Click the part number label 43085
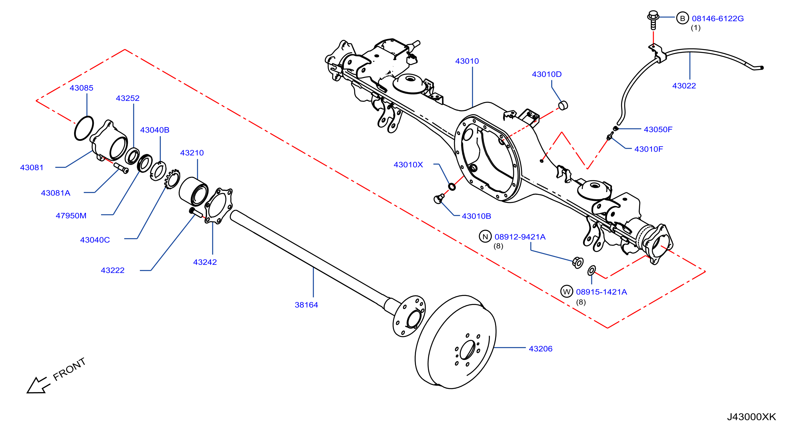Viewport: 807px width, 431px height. coord(82,88)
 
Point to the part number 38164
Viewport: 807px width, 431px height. coord(306,305)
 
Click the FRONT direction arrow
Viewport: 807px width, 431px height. coord(38,385)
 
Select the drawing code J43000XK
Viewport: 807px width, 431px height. coord(752,416)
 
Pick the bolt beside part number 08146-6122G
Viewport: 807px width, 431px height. coord(653,20)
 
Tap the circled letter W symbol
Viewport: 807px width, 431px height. coord(567,292)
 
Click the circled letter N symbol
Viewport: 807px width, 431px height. coord(485,237)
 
